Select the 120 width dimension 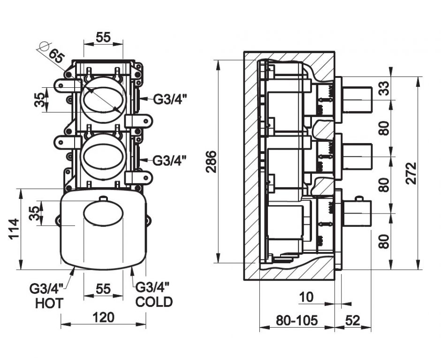(x=103, y=318)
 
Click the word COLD (x=154, y=302)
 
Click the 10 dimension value (x=306, y=297)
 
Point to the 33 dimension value (x=384, y=89)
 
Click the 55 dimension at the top (x=103, y=38)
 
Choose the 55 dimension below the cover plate (x=103, y=289)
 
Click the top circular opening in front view (x=103, y=98)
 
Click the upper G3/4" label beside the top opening (x=170, y=99)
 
